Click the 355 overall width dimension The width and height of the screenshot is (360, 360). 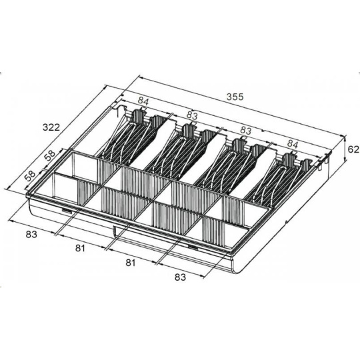click(235, 97)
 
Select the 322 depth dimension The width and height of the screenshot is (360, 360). click(51, 127)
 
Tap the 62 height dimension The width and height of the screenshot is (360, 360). click(353, 149)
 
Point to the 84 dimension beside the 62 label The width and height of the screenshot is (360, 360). click(293, 145)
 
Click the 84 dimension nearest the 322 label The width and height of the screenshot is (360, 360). click(143, 101)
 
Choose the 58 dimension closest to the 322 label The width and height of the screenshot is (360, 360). click(50, 155)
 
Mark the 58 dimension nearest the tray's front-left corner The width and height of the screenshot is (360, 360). click(30, 175)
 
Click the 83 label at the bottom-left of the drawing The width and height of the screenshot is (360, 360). click(31, 235)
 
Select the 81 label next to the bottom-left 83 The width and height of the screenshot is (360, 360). click(80, 248)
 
